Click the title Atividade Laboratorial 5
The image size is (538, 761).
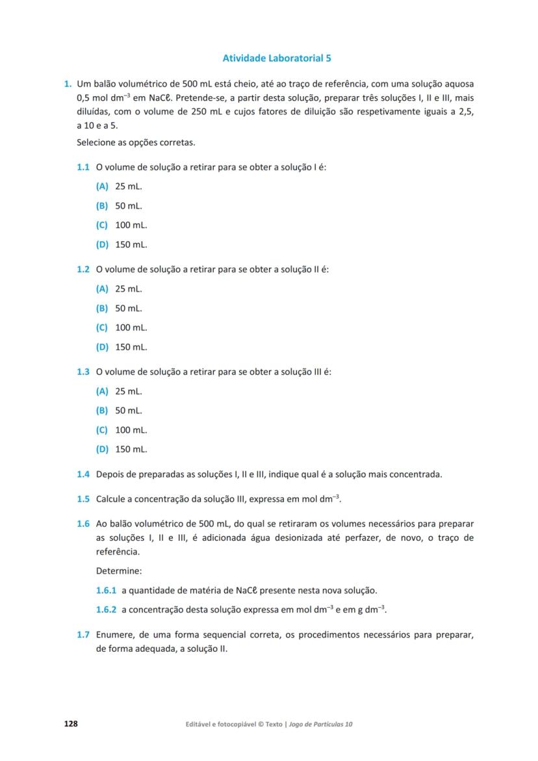pyautogui.click(x=277, y=58)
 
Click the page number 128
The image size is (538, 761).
pyautogui.click(x=70, y=723)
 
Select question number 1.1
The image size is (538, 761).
pyautogui.click(x=83, y=167)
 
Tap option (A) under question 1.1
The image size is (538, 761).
pyautogui.click(x=102, y=187)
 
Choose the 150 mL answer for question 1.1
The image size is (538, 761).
pyautogui.click(x=131, y=245)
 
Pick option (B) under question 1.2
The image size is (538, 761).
pyautogui.click(x=102, y=308)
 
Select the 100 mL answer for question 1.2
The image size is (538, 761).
pyautogui.click(x=131, y=328)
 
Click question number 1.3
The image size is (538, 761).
pyautogui.click(x=83, y=372)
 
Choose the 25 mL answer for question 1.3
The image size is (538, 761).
pyautogui.click(x=128, y=391)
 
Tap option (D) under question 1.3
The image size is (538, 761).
pyautogui.click(x=102, y=449)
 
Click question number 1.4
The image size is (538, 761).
pyautogui.click(x=83, y=474)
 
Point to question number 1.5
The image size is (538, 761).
pyautogui.click(x=83, y=498)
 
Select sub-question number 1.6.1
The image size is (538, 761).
pyautogui.click(x=106, y=591)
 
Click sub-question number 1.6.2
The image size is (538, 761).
pyautogui.click(x=106, y=610)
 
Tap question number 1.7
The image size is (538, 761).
pyautogui.click(x=83, y=634)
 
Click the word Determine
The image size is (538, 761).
pyautogui.click(x=118, y=571)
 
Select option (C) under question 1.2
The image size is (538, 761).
pyautogui.click(x=102, y=328)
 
